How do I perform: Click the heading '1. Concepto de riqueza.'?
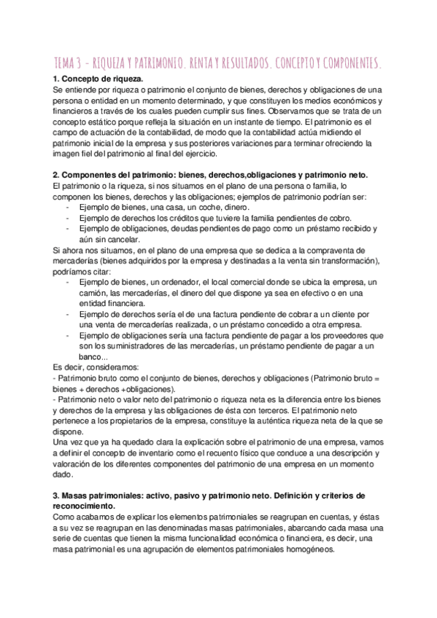(x=98, y=79)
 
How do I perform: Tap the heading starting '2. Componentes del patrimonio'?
(x=211, y=176)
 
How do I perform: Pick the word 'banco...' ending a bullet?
(x=93, y=358)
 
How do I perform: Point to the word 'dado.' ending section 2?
(x=63, y=476)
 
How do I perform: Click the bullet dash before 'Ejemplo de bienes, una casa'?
(x=67, y=208)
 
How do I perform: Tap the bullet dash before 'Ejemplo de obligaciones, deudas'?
(x=67, y=229)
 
